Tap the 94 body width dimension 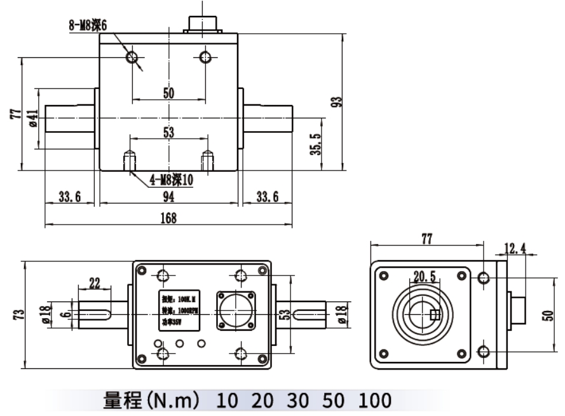pyautogui.click(x=168, y=197)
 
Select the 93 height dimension pyautogui.click(x=337, y=102)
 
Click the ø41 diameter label pyautogui.click(x=33, y=118)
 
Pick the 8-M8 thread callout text pyautogui.click(x=88, y=25)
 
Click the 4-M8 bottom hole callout pyautogui.click(x=171, y=180)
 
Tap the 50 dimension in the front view pyautogui.click(x=168, y=93)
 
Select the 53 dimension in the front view pyautogui.click(x=168, y=132)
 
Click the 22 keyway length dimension pyautogui.click(x=95, y=281)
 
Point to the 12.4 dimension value pyautogui.click(x=515, y=248)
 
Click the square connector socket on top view pyautogui.click(x=236, y=311)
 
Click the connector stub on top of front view pyautogui.click(x=203, y=23)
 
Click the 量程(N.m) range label pyautogui.click(x=153, y=401)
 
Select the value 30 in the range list pyautogui.click(x=298, y=401)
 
